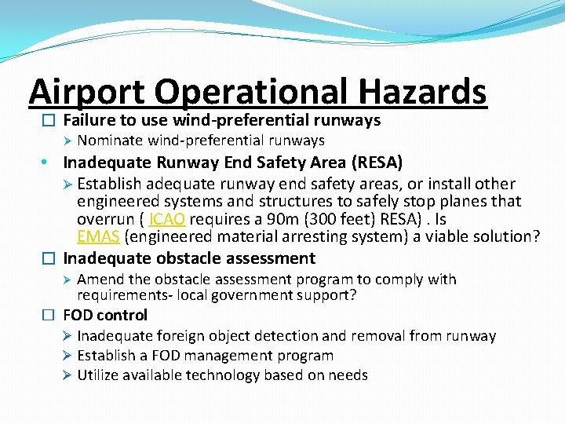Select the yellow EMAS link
[x=98, y=236]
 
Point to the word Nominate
[x=109, y=141]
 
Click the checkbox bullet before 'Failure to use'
[x=49, y=121]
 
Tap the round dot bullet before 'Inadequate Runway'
[x=48, y=163]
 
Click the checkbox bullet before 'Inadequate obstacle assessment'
[x=49, y=258]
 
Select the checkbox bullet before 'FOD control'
[x=49, y=316]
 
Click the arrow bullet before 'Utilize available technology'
[x=67, y=375]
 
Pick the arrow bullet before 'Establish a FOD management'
[x=67, y=356]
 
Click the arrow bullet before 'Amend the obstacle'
[x=67, y=280]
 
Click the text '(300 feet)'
[x=339, y=219]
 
